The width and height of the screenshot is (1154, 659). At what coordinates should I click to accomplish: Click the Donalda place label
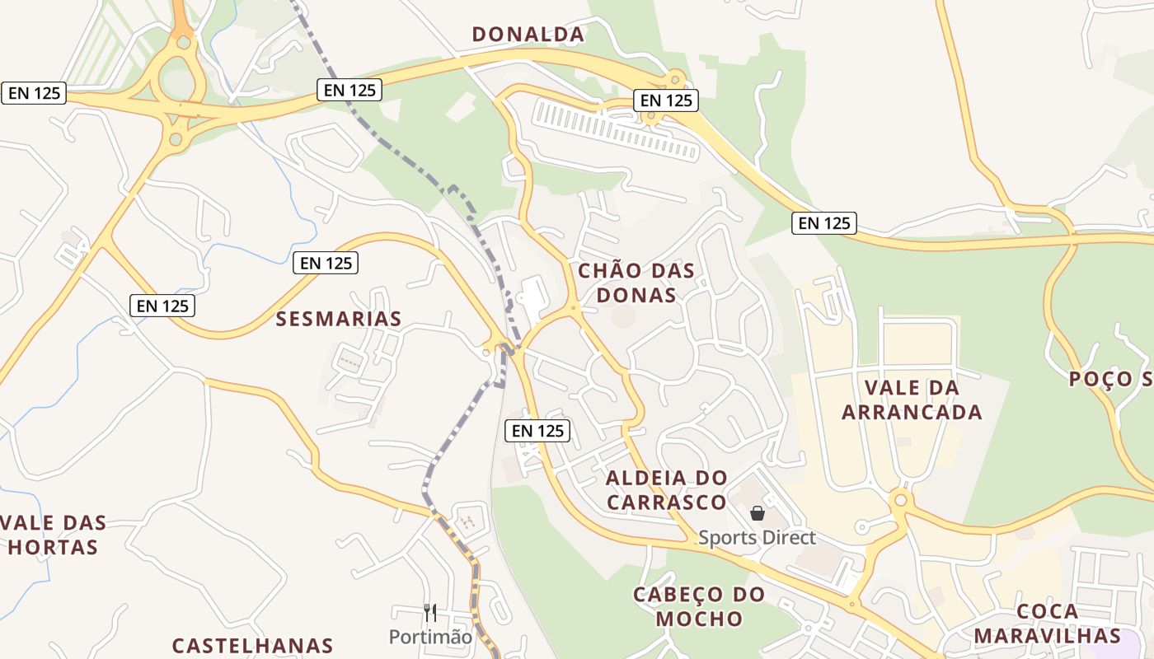528,35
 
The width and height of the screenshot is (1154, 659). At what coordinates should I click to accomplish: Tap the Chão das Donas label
636,283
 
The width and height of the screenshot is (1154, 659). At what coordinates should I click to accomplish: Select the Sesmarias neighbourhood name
339,319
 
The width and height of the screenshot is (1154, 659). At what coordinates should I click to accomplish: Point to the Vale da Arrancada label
912,400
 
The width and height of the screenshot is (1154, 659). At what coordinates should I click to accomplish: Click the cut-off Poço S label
1110,379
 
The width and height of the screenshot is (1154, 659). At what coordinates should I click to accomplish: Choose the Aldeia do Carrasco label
667,489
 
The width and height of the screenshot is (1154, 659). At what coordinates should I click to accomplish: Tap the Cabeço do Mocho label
699,606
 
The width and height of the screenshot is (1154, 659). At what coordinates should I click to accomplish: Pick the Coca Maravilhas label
1047,624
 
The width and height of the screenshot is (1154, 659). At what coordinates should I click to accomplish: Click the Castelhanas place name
252,646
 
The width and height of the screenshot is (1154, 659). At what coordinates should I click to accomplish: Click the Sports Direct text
757,538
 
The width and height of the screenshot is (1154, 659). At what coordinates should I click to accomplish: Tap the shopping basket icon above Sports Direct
758,513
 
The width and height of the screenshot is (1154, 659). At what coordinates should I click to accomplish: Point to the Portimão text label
430,637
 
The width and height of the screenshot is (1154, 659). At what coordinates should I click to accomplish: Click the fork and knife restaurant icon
429,612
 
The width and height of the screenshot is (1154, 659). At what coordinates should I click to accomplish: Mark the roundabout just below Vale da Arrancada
900,499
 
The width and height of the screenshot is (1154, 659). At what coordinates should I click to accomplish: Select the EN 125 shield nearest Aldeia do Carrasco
537,430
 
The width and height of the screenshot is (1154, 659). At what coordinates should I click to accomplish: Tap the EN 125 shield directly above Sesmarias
326,264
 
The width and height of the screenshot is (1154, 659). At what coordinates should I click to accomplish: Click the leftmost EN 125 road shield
34,93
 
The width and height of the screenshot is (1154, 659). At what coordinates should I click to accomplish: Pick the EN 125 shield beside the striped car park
666,100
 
